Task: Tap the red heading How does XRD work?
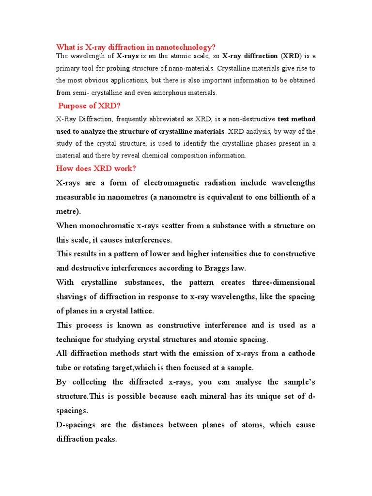(x=96, y=168)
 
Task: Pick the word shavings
(x=73, y=296)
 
